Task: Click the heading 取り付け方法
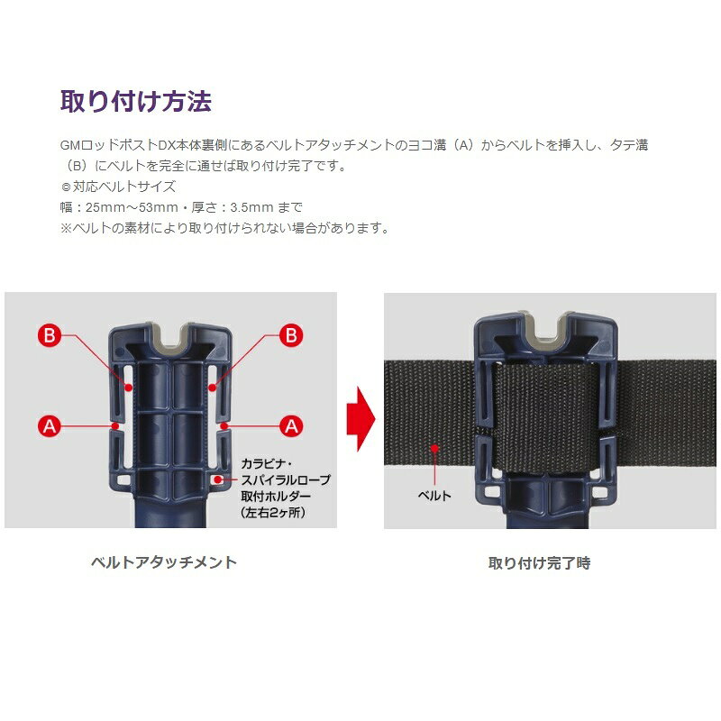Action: [136, 101]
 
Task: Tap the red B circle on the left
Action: [50, 334]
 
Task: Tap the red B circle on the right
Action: [291, 334]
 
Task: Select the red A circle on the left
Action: [50, 426]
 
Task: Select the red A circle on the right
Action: [291, 426]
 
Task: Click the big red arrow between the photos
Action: [361, 419]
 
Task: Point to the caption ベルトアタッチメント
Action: [164, 562]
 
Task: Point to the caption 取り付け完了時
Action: [539, 562]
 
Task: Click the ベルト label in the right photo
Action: [434, 495]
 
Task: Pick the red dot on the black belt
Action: [434, 448]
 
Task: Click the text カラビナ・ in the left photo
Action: [267, 463]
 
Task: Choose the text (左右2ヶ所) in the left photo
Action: [273, 512]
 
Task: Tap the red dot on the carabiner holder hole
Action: [218, 479]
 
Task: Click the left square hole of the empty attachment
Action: [123, 480]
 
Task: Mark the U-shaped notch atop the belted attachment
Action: [545, 328]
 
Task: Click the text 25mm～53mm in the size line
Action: [132, 207]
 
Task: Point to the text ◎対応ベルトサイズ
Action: [118, 187]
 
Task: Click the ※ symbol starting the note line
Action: [66, 228]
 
